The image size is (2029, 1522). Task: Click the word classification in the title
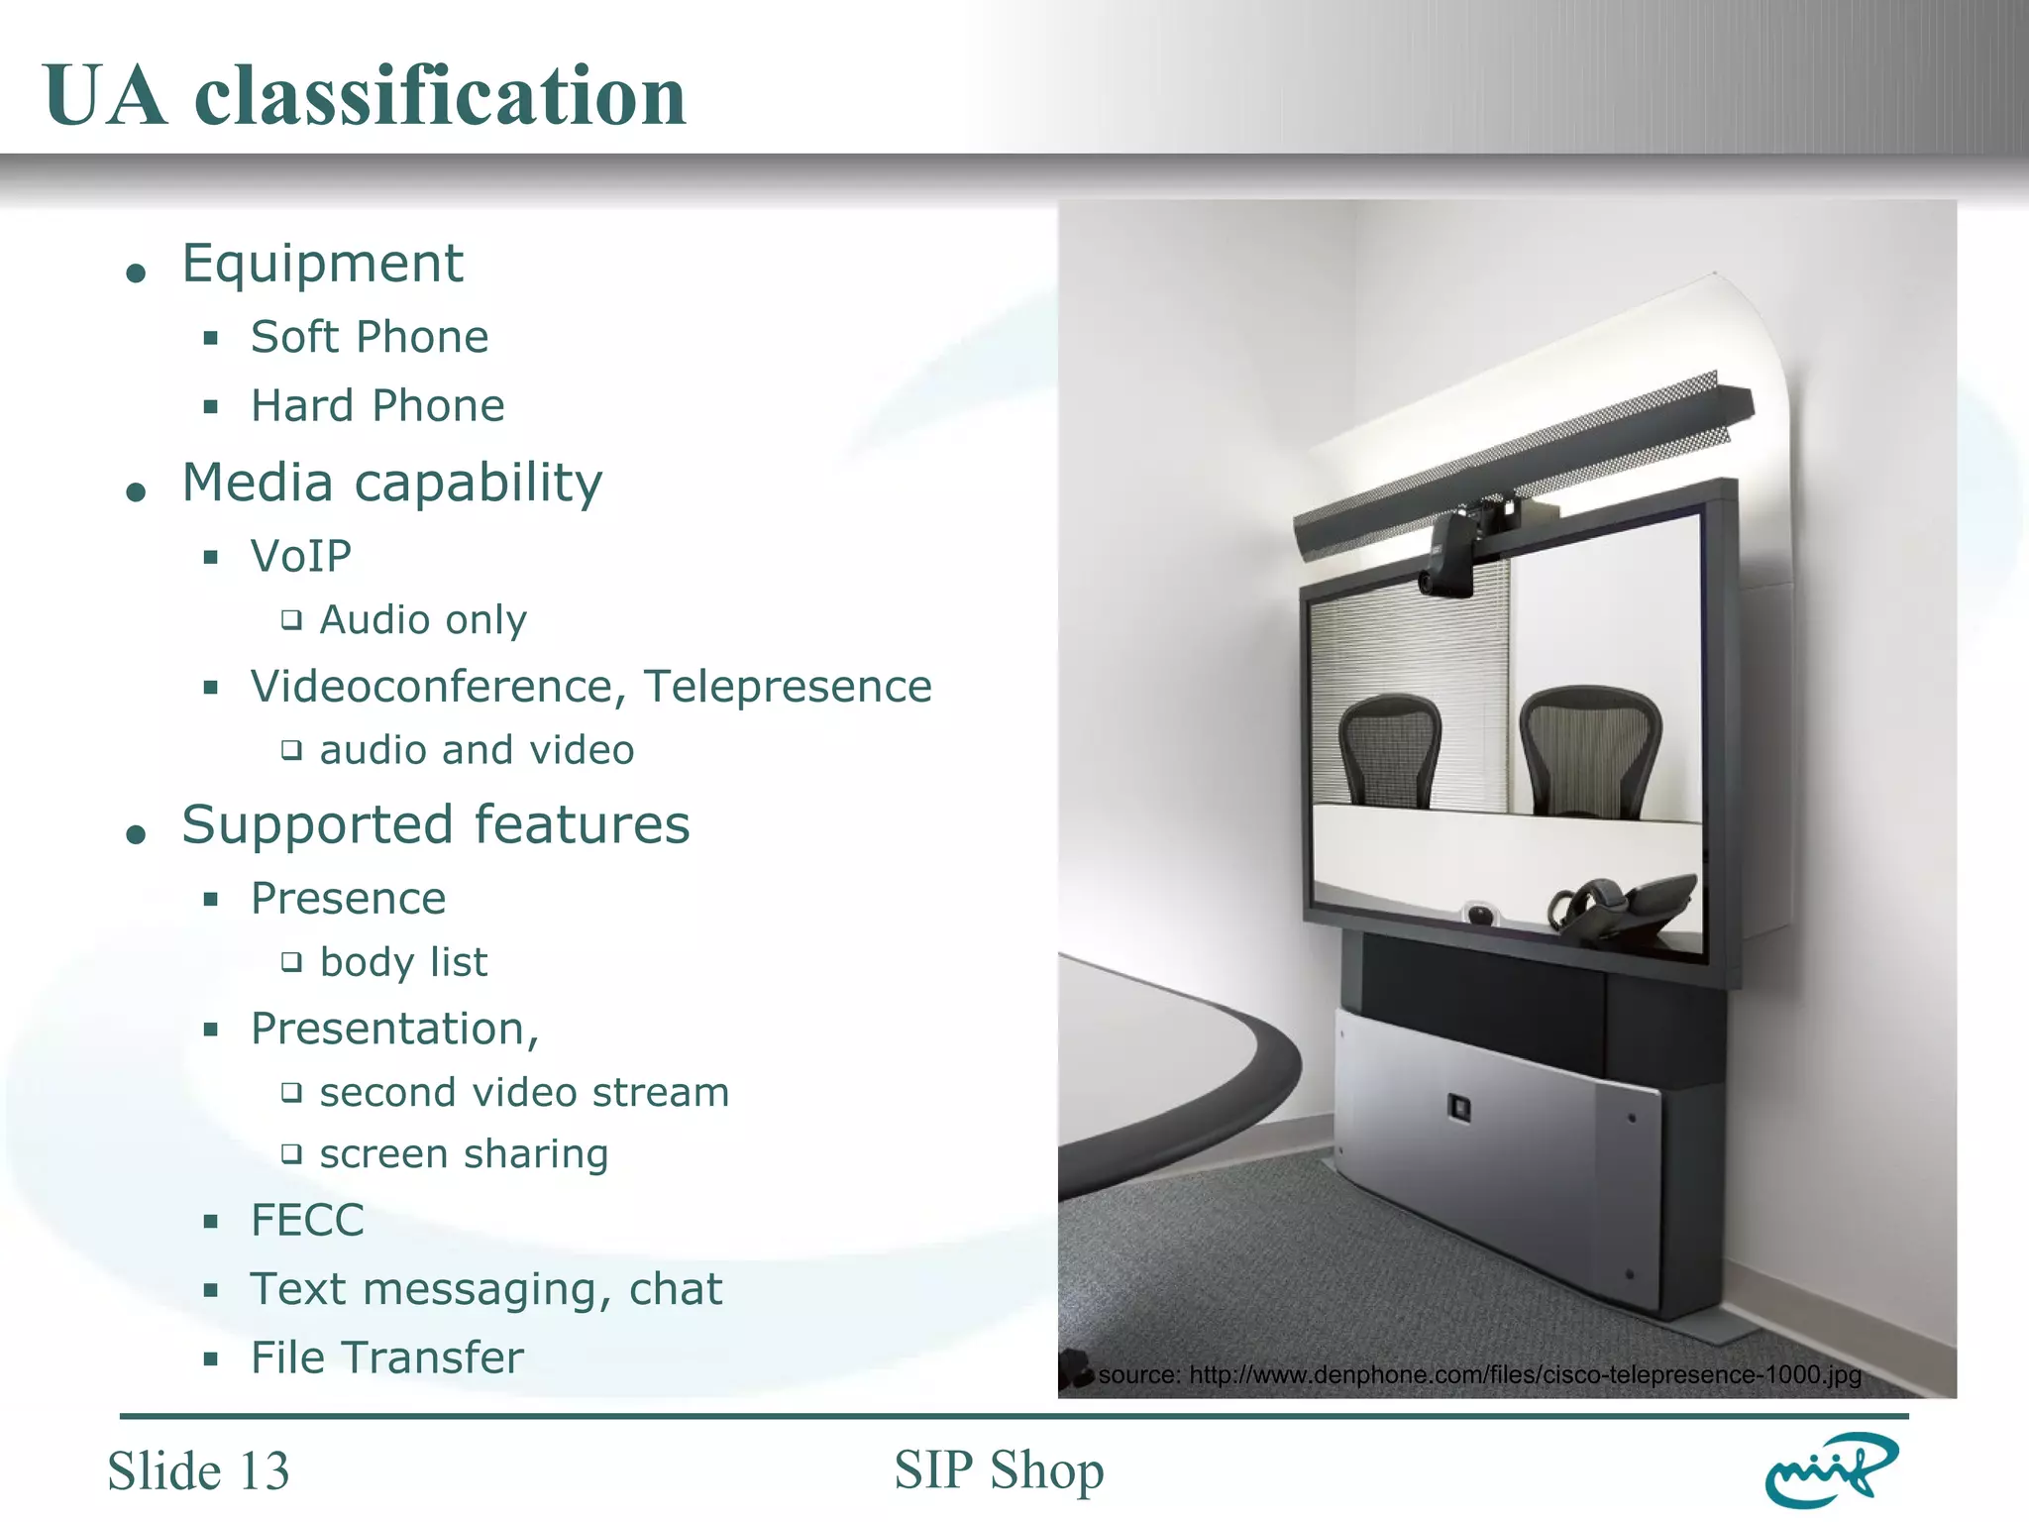tap(440, 96)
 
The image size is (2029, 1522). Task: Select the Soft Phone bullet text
tap(370, 337)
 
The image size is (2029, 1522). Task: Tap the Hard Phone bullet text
tap(377, 406)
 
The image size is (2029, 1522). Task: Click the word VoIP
tap(301, 556)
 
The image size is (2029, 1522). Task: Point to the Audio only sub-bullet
tap(423, 620)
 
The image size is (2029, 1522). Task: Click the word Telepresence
tap(788, 687)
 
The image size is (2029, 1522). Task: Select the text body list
tap(403, 962)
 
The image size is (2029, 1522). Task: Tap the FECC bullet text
tap(307, 1220)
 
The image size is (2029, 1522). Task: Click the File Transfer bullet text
tap(386, 1358)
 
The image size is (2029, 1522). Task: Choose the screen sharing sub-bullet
tap(464, 1154)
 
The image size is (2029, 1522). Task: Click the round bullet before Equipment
tap(137, 272)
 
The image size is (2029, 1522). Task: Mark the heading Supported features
tap(436, 824)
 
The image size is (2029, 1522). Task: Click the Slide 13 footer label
tap(198, 1470)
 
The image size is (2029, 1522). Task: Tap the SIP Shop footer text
tap(999, 1469)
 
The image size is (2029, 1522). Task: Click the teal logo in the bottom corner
tap(1831, 1470)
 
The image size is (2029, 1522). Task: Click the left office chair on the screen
tap(1389, 750)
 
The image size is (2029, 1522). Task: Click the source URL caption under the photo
tap(1479, 1375)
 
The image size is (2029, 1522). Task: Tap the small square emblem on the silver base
tap(1459, 1107)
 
